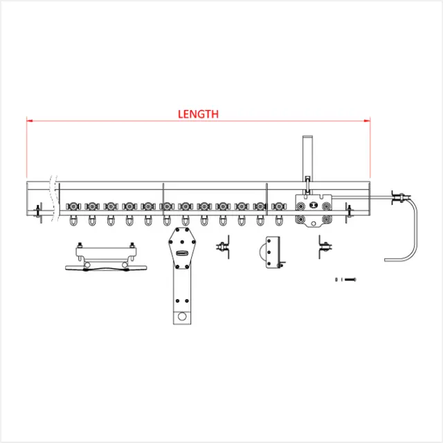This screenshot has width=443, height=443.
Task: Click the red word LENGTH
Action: click(198, 114)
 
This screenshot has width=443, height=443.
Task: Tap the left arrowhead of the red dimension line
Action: click(29, 121)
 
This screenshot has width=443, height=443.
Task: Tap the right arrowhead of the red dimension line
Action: click(368, 121)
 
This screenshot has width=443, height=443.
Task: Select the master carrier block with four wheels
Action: click(314, 210)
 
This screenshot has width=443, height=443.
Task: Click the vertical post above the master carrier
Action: click(307, 159)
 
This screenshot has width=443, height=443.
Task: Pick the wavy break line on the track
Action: click(54, 198)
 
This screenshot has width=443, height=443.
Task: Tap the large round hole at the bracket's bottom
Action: click(182, 316)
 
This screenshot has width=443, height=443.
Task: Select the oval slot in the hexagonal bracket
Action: click(182, 253)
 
